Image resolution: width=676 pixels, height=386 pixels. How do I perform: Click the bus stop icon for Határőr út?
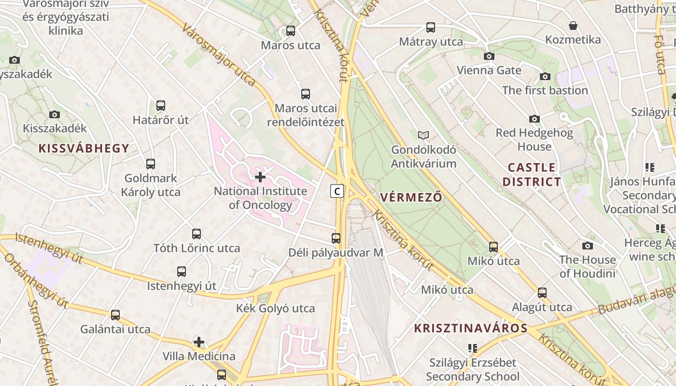coord(161,106)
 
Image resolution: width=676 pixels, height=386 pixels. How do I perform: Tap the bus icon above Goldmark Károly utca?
coord(151,164)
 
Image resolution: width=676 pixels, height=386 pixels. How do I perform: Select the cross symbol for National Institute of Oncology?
coord(260,177)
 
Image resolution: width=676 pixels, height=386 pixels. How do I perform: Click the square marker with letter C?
coord(337,191)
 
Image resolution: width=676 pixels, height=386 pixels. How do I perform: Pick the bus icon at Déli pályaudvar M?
coord(336,238)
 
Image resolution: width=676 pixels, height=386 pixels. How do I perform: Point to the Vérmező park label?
coord(411,197)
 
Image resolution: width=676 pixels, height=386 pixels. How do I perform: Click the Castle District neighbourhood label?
coord(532,175)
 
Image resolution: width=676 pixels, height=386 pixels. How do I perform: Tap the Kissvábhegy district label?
coord(84,148)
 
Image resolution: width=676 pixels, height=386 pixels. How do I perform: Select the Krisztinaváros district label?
coord(471,329)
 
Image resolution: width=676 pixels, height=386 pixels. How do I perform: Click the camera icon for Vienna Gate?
coord(489,56)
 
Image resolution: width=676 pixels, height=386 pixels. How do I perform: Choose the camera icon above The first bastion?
coord(545,77)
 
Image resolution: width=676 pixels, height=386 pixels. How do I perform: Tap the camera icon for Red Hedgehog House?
coord(535,119)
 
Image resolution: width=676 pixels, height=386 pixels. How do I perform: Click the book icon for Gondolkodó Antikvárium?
coord(423,136)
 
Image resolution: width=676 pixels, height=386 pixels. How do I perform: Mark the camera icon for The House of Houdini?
coord(588,246)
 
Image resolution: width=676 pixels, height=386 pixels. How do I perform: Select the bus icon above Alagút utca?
coord(542,293)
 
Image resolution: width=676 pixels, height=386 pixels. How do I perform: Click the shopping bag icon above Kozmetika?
coord(573,26)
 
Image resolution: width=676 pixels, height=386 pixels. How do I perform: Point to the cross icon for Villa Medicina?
coord(199,343)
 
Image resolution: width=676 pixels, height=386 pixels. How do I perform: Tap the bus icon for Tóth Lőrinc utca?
coord(197,234)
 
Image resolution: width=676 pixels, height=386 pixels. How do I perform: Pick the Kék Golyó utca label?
coord(275,308)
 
